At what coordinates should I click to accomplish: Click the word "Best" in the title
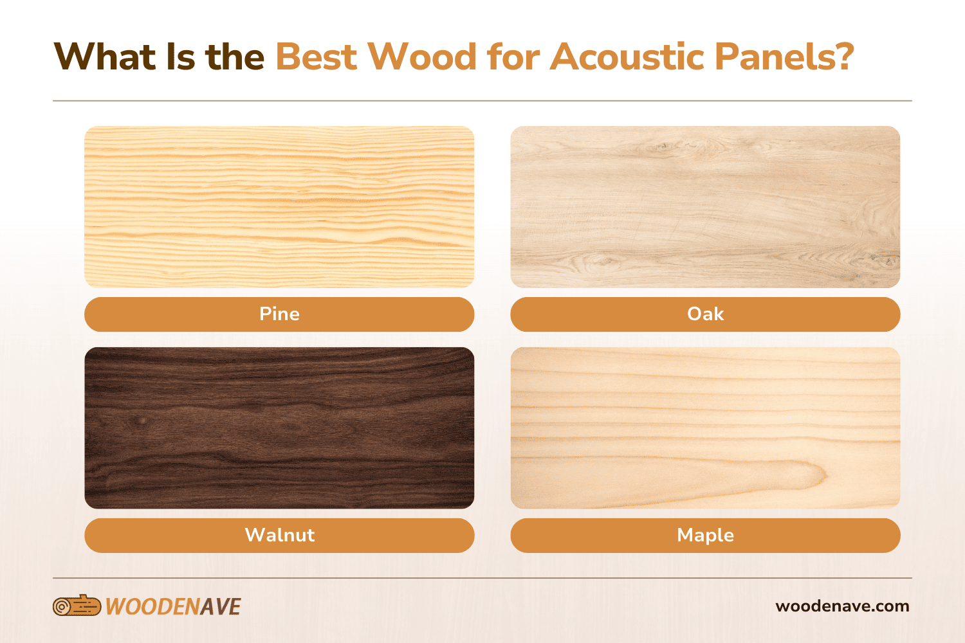pos(316,57)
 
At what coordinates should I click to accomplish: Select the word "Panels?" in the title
pos(784,57)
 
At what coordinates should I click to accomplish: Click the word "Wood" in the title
pos(422,57)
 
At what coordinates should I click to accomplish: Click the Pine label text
pos(279,314)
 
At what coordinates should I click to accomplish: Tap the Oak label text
pos(705,314)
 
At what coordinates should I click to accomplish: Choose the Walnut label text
pos(279,535)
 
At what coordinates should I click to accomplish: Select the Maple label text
pos(705,535)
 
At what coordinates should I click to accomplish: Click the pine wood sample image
pos(279,206)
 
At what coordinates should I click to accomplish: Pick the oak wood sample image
pos(705,206)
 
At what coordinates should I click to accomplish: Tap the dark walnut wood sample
pos(279,428)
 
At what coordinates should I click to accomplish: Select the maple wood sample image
pos(705,428)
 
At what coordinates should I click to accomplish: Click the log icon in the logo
pos(77,606)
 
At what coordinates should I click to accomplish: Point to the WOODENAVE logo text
pos(173,606)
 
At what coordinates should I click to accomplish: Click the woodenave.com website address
pos(842,606)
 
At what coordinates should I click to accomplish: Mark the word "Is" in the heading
pos(180,57)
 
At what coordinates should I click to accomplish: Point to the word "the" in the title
pos(235,57)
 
